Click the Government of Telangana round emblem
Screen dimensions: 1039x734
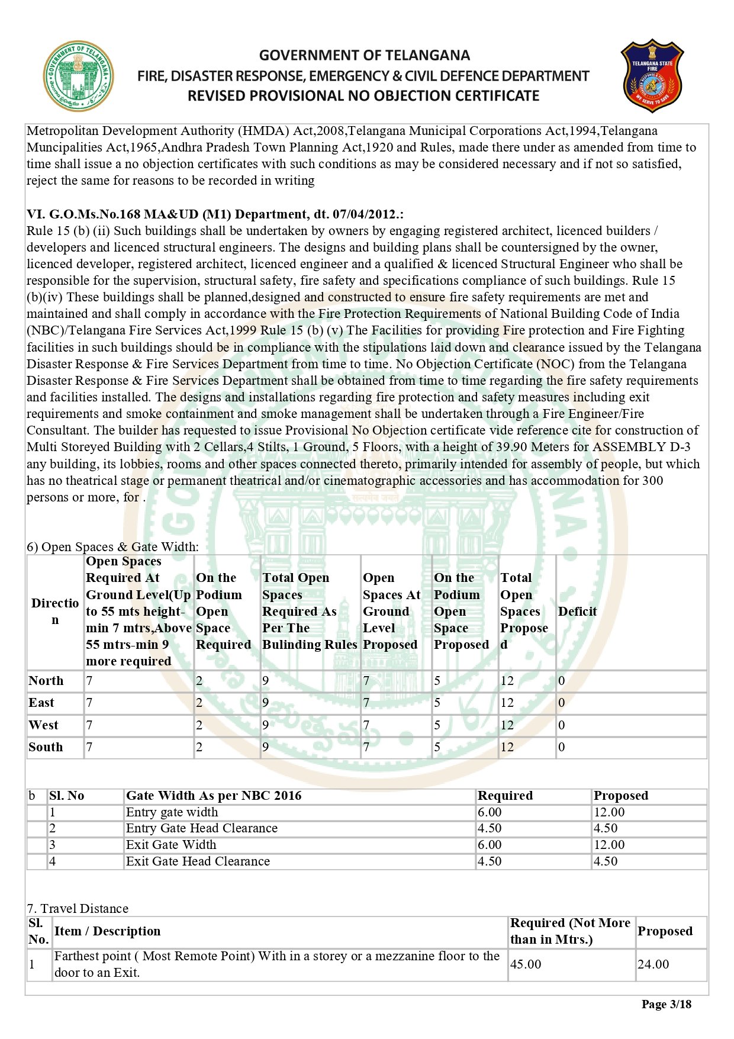tap(78, 76)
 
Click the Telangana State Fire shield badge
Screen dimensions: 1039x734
tap(652, 76)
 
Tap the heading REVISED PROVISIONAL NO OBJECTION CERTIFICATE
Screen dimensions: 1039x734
tap(363, 96)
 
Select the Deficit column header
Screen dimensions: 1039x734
tap(577, 611)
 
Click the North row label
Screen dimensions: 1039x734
tap(46, 681)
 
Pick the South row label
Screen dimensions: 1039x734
tap(46, 747)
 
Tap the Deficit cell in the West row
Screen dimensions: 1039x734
tap(562, 725)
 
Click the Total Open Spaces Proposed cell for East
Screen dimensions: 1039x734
tap(507, 703)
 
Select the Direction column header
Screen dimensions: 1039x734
tap(55, 611)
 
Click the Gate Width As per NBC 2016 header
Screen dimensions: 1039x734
tap(214, 796)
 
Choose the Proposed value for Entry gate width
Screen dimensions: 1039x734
tap(609, 812)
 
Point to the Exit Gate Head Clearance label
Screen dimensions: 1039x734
tap(198, 861)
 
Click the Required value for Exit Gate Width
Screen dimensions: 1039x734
tap(490, 845)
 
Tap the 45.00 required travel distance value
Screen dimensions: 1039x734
tap(526, 964)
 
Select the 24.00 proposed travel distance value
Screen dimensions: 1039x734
tap(653, 964)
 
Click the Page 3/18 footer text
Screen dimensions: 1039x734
tap(666, 1004)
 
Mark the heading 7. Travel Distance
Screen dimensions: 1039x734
tap(78, 909)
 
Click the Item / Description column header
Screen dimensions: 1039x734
tap(107, 931)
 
